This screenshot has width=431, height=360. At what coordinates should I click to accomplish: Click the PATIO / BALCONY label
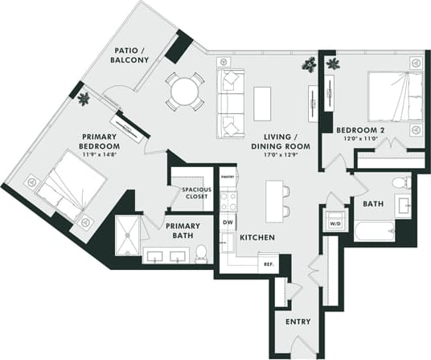pos(131,54)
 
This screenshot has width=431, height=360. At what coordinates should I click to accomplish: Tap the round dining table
pos(184,91)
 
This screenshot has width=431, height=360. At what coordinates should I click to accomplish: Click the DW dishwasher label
pos(228,223)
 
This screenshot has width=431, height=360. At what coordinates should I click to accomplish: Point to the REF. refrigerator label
pos(265,264)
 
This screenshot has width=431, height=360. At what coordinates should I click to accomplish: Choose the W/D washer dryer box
pos(335,223)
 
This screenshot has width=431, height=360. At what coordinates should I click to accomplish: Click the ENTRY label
pos(298,321)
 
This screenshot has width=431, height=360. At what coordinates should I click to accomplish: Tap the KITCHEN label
pos(257,238)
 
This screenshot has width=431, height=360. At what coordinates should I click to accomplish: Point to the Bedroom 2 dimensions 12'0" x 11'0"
pos(359,139)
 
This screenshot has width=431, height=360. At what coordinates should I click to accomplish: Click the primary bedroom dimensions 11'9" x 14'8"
pos(100,157)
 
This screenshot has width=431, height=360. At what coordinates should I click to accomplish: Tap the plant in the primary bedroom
pos(83,99)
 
